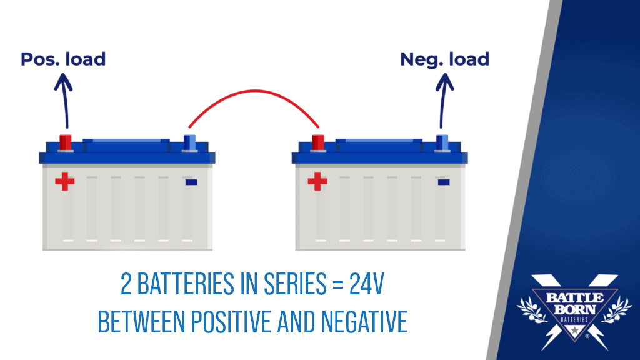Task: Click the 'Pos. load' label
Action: pos(63,59)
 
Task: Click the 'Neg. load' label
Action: pos(444,59)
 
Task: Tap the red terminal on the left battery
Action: pos(66,142)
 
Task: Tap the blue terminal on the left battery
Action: pos(189,142)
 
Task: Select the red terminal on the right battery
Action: pos(318,142)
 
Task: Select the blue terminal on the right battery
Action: pos(442,142)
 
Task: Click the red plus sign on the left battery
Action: pos(64,182)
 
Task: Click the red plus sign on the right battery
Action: pos(317,182)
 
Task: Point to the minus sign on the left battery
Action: pos(191,182)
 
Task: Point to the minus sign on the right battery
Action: pos(444,182)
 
